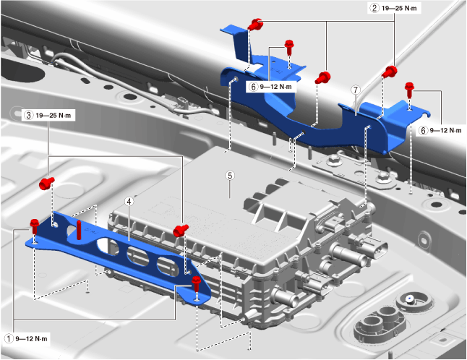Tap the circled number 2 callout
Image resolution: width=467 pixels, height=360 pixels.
tap(374, 9)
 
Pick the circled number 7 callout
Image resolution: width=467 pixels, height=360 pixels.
tap(355, 90)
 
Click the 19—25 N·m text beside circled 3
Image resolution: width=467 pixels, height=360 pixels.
tap(56, 115)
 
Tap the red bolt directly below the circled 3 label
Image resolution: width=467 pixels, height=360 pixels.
tap(47, 183)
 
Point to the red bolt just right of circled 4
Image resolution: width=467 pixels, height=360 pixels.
tap(179, 230)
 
